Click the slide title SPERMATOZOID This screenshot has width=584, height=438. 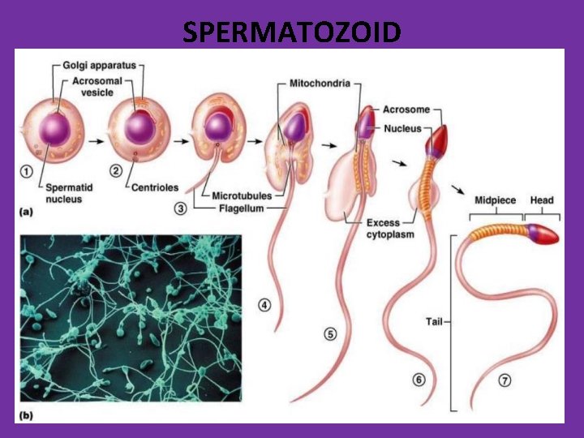(291, 32)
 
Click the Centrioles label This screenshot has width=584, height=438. (156, 187)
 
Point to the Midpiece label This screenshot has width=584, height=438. (495, 200)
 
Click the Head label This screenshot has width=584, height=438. (542, 200)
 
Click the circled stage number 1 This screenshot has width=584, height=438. (28, 172)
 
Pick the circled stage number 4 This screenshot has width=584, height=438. (264, 305)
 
